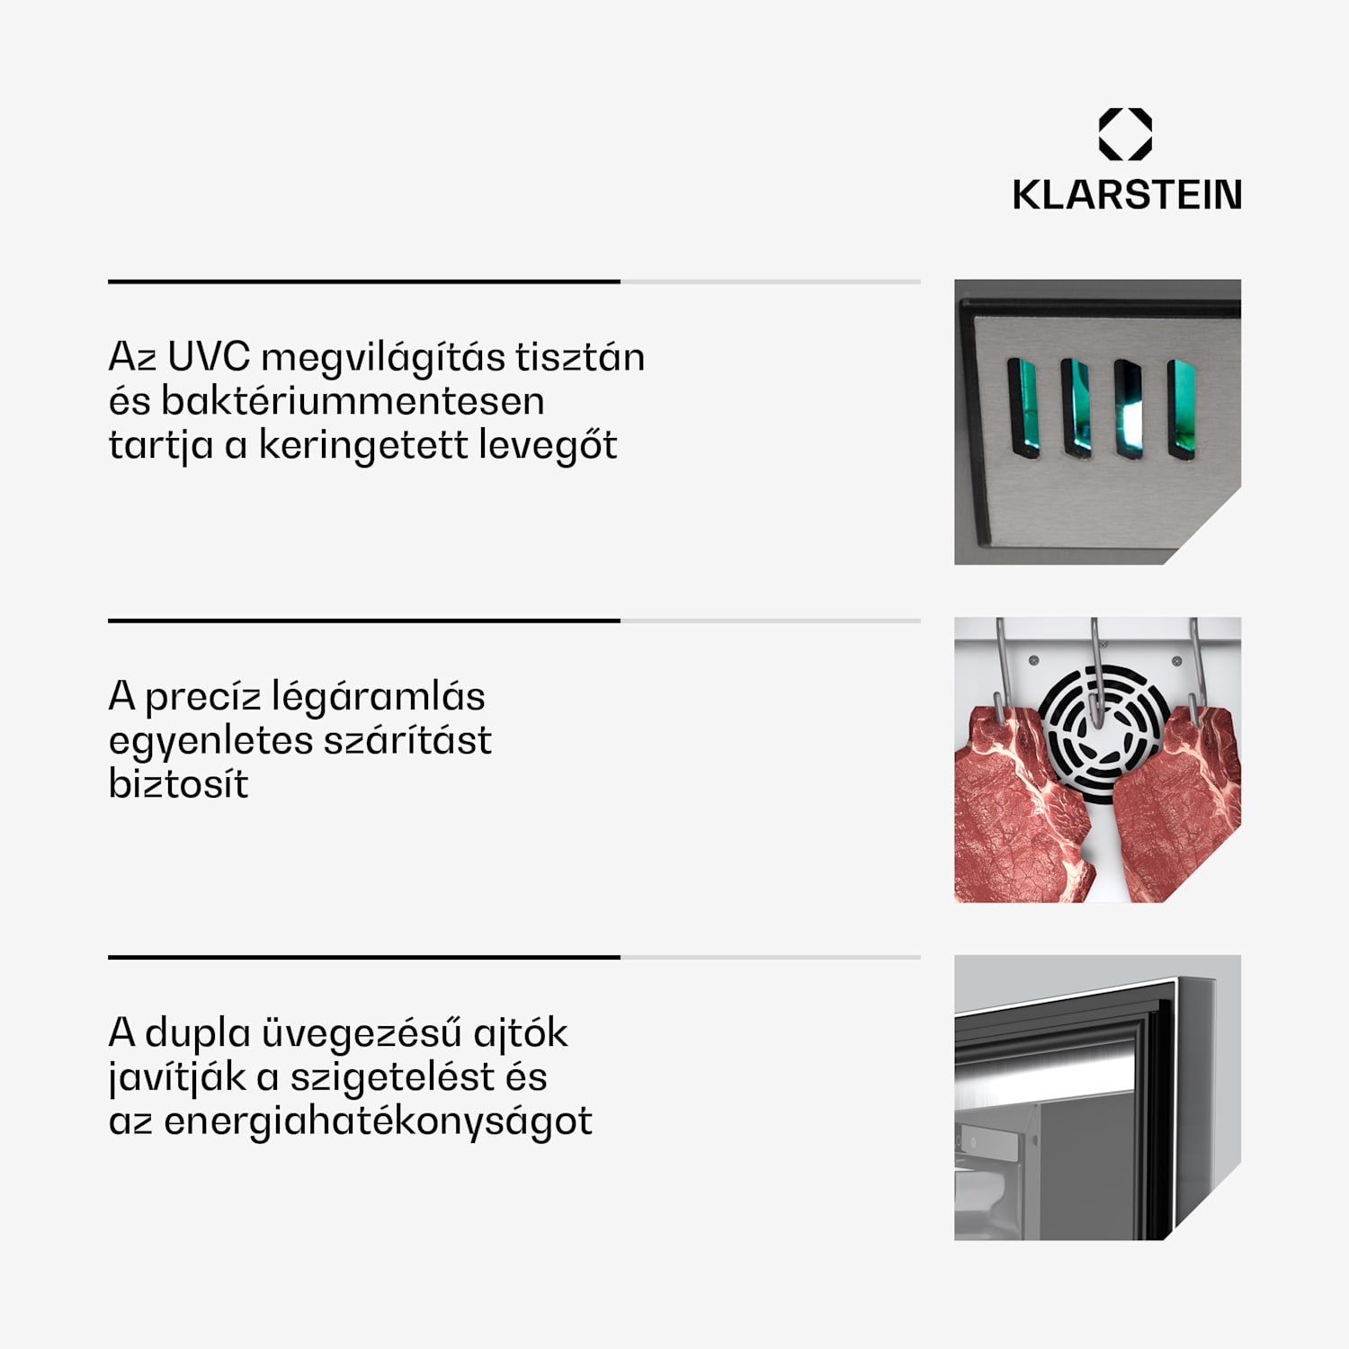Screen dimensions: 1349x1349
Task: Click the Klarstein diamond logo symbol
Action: click(x=1125, y=134)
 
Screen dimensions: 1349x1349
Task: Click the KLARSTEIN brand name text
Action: click(x=1127, y=195)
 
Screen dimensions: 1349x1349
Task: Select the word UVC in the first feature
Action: click(x=209, y=357)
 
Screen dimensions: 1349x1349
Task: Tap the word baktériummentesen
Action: click(x=353, y=401)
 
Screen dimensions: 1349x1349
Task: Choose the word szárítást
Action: click(x=407, y=740)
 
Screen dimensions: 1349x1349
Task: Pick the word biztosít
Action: click(x=178, y=784)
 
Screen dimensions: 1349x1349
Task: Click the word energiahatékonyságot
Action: click(x=378, y=1121)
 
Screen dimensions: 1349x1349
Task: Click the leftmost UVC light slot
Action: click(x=1023, y=408)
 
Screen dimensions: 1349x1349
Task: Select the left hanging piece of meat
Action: click(x=1016, y=809)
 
